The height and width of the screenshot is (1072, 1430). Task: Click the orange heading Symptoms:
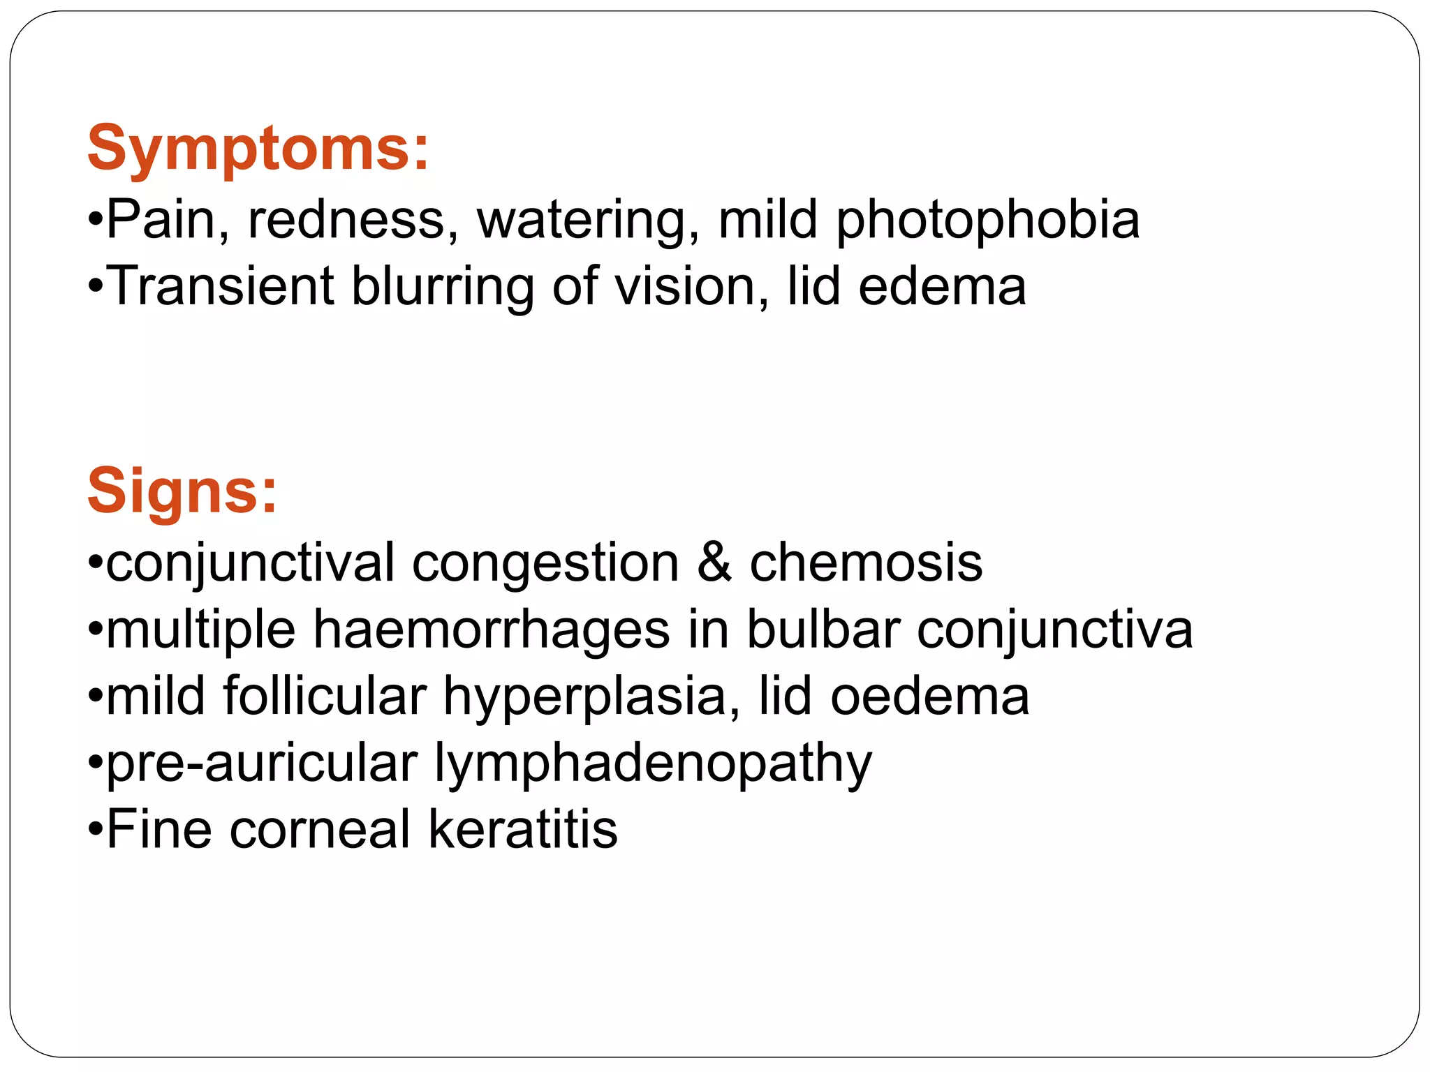pyautogui.click(x=258, y=148)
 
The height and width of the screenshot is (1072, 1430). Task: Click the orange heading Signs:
pyautogui.click(x=182, y=491)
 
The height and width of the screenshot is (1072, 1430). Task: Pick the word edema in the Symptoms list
pyautogui.click(x=942, y=286)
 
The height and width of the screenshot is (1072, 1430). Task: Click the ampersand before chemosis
pyautogui.click(x=714, y=563)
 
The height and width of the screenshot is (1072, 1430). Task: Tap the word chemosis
pyautogui.click(x=866, y=563)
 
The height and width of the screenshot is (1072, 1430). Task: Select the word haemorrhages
pyautogui.click(x=492, y=630)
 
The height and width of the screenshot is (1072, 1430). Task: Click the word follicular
pyautogui.click(x=325, y=696)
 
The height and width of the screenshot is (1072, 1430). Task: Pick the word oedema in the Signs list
pyautogui.click(x=929, y=696)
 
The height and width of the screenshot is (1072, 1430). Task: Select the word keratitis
pyautogui.click(x=523, y=829)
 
